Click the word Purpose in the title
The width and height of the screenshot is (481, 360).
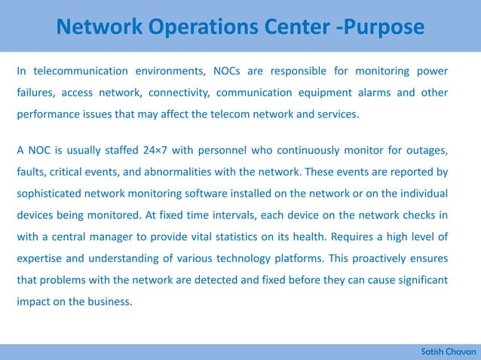pyautogui.click(x=381, y=28)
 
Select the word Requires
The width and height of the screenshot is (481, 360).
pyautogui.click(x=356, y=237)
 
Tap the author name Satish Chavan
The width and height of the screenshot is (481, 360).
pyautogui.click(x=449, y=352)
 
